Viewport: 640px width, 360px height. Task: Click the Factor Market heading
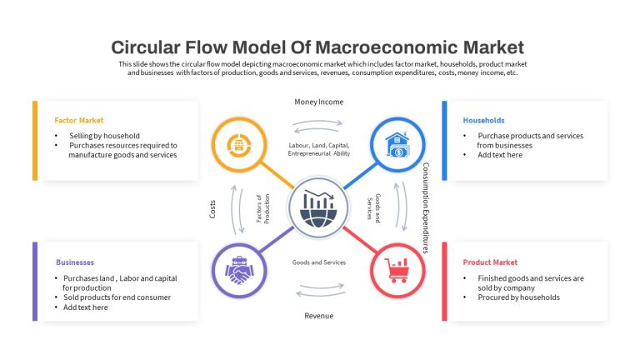(79, 120)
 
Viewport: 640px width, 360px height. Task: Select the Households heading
(483, 120)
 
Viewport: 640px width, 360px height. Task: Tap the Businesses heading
(75, 262)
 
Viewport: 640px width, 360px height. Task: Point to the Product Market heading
(490, 262)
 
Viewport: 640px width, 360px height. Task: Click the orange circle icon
(239, 144)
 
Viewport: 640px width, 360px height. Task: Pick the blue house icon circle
(397, 144)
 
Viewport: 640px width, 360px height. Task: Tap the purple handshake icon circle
(239, 270)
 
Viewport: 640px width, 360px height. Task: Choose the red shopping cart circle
(397, 270)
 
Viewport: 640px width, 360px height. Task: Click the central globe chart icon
(319, 207)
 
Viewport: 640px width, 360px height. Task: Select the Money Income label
(319, 102)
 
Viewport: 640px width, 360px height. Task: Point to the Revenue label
(319, 316)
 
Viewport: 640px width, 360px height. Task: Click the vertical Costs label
(212, 209)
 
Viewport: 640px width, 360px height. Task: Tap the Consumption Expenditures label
(425, 208)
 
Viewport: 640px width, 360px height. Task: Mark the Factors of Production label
(262, 208)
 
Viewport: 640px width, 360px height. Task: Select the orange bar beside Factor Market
(35, 141)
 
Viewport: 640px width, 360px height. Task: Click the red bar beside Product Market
(444, 282)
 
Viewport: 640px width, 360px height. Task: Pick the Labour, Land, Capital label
(319, 145)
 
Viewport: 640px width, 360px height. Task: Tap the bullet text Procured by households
(519, 297)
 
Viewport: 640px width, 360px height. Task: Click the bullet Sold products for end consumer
(117, 297)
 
